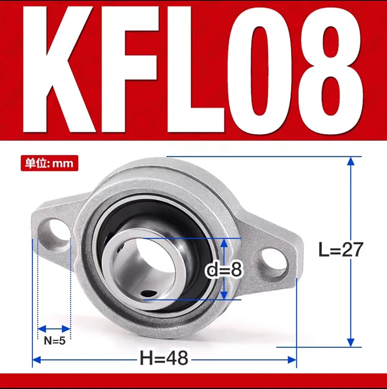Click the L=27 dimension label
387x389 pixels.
[341, 250]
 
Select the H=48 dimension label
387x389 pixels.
[164, 357]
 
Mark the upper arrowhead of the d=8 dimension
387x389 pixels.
[223, 243]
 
